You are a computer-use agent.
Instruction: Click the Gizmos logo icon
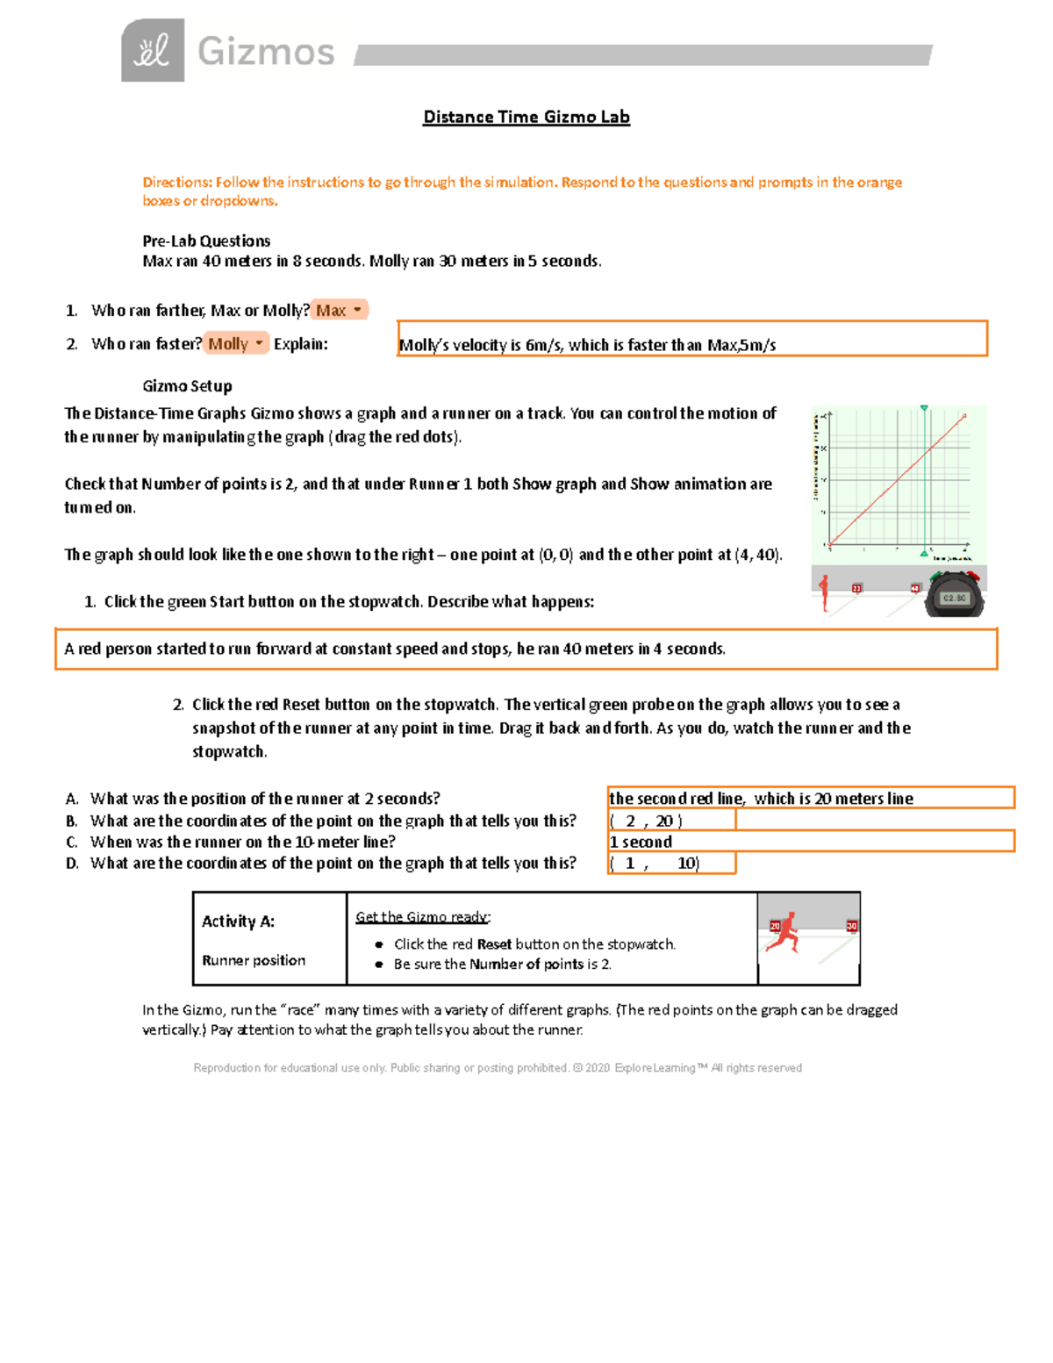pyautogui.click(x=153, y=51)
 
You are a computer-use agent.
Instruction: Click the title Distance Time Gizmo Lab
pyautogui.click(x=526, y=117)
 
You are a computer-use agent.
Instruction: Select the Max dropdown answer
pyautogui.click(x=339, y=310)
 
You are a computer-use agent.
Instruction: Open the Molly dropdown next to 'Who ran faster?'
pyautogui.click(x=235, y=344)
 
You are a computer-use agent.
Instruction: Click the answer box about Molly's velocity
pyautogui.click(x=691, y=339)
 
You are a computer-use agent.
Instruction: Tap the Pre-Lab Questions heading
pyautogui.click(x=206, y=240)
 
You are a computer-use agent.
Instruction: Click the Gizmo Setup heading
pyautogui.click(x=187, y=386)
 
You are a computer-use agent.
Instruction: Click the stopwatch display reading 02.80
pyautogui.click(x=954, y=598)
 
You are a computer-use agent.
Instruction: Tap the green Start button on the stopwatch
pyautogui.click(x=936, y=577)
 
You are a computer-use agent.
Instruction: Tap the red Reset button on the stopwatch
pyautogui.click(x=972, y=576)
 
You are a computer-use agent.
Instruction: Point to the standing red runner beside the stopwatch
pyautogui.click(x=824, y=592)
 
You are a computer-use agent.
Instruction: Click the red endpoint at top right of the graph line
pyautogui.click(x=964, y=416)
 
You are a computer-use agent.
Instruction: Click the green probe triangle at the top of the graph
pyautogui.click(x=924, y=408)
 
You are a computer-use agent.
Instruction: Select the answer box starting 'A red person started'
pyautogui.click(x=526, y=649)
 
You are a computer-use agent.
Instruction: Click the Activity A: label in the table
pyautogui.click(x=238, y=921)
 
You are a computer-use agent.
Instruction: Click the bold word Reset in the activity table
pyautogui.click(x=494, y=944)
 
